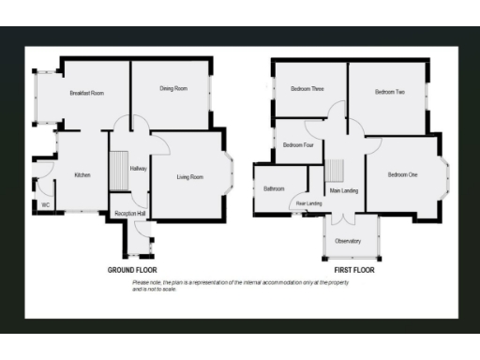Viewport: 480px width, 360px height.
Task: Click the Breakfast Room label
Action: [x=86, y=93]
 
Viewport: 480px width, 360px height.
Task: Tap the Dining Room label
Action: [x=173, y=88]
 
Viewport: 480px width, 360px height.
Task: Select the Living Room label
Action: [x=189, y=176]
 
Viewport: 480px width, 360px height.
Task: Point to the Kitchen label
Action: [x=82, y=175]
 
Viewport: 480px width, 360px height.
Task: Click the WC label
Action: [x=44, y=204]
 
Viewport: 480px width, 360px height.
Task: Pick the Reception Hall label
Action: [x=128, y=214]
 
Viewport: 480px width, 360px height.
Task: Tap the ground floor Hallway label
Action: [x=139, y=169]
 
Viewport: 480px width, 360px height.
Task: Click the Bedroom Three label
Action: [x=307, y=89]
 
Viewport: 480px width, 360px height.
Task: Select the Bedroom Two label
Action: [x=389, y=92]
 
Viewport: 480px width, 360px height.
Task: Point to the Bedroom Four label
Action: [x=298, y=145]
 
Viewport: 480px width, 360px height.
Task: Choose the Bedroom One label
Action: [x=403, y=174]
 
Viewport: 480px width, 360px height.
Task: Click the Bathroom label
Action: [x=274, y=189]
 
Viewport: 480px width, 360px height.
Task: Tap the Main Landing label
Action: [x=343, y=191]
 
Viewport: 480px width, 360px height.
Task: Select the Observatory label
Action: [x=348, y=241]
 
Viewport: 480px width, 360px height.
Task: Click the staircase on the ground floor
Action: [x=120, y=174]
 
